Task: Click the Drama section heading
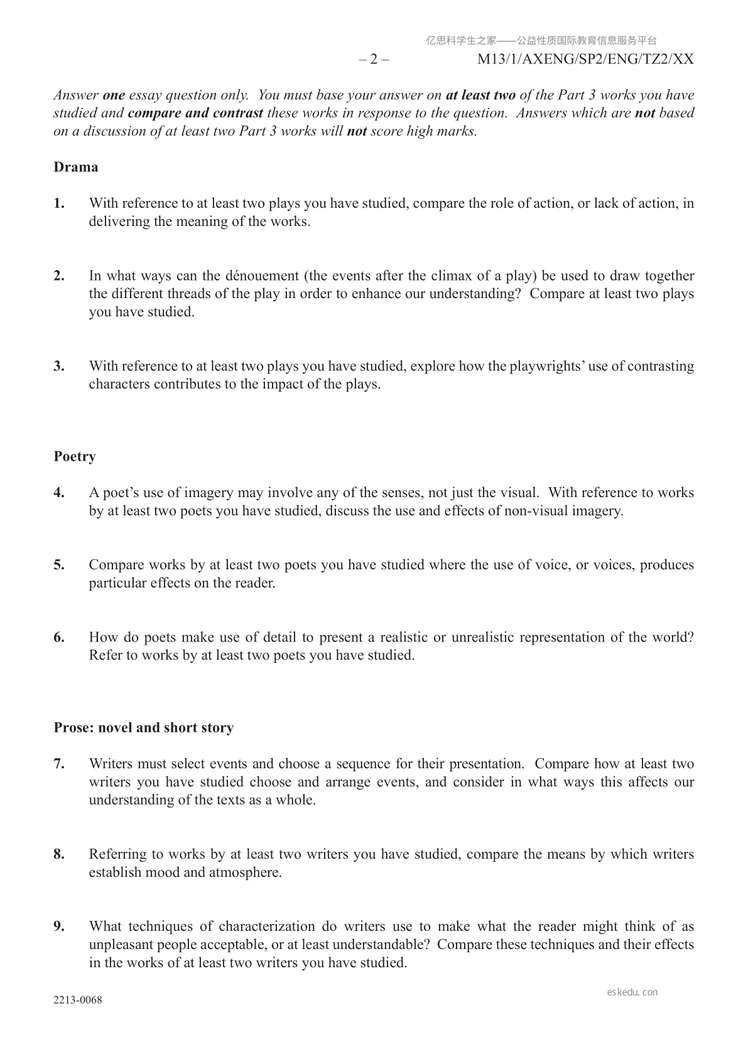point(75,167)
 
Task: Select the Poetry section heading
point(74,456)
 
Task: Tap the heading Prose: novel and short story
point(143,727)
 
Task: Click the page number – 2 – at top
point(374,60)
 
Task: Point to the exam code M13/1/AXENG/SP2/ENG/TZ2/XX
point(585,60)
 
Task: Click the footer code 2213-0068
point(78,1000)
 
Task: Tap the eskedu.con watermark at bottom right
point(632,992)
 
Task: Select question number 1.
point(59,203)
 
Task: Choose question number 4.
point(59,493)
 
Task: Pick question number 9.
point(59,926)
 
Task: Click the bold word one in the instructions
point(114,95)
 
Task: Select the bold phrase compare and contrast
point(195,114)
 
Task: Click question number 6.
point(59,638)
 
